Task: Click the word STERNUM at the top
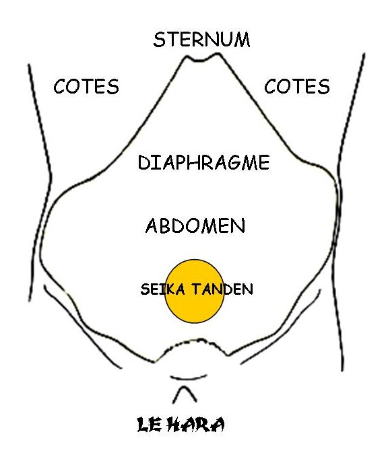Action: pyautogui.click(x=201, y=40)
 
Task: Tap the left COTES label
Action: pyautogui.click(x=86, y=86)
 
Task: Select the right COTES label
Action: pyautogui.click(x=297, y=86)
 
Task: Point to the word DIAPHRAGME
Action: pyautogui.click(x=203, y=162)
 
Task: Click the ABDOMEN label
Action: pyautogui.click(x=195, y=226)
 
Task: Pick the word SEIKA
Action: pyautogui.click(x=162, y=289)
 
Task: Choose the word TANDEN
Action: pyautogui.click(x=222, y=289)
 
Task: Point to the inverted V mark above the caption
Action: pyautogui.click(x=185, y=394)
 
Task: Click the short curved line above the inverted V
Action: pyautogui.click(x=189, y=378)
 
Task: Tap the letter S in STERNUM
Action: pyautogui.click(x=159, y=40)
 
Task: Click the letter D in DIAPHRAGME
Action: pyautogui.click(x=144, y=163)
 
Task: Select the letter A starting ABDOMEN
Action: pyautogui.click(x=153, y=226)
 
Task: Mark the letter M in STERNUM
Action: pyautogui.click(x=242, y=40)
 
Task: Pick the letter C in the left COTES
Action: pyautogui.click(x=59, y=86)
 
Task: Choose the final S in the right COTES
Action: pyautogui.click(x=324, y=86)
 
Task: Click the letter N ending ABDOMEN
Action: pyautogui.click(x=238, y=226)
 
